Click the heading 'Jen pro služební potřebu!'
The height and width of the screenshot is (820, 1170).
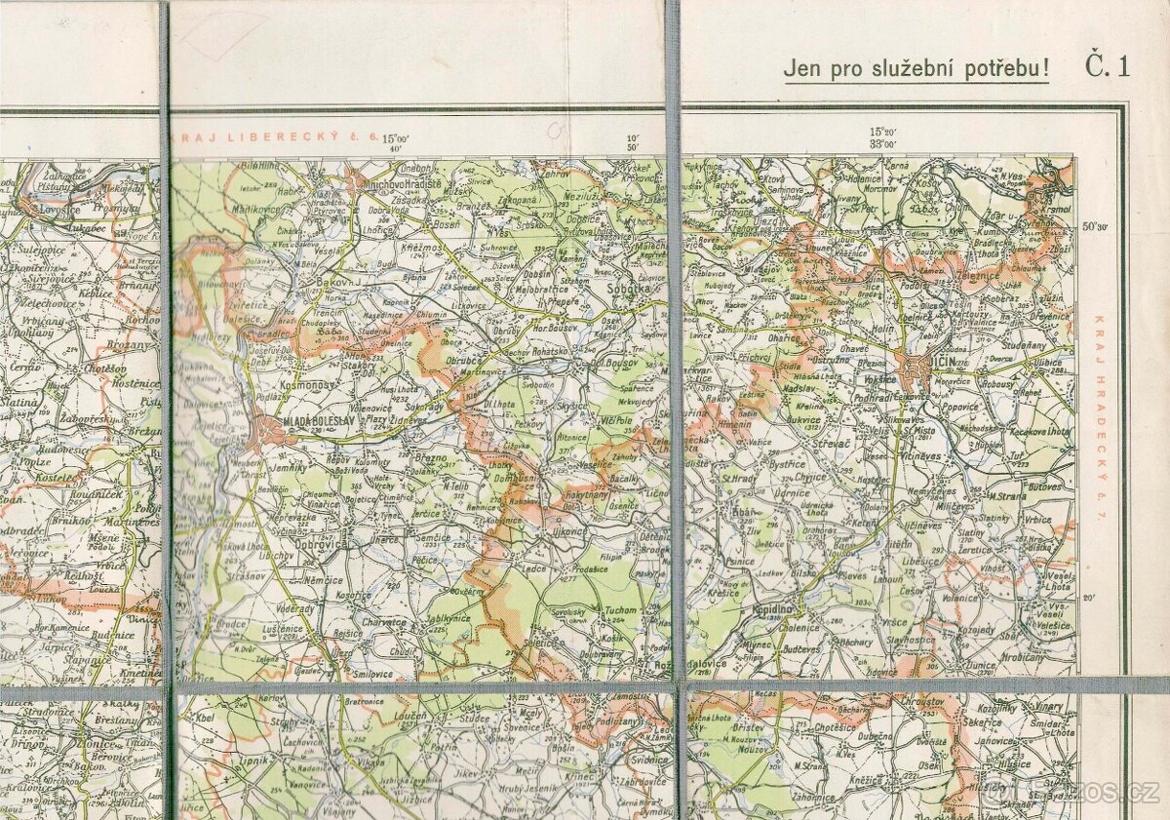(916, 69)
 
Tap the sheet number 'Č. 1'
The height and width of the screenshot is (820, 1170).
(1108, 67)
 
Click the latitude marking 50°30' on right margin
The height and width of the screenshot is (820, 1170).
(1095, 226)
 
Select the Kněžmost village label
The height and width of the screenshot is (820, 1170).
(422, 252)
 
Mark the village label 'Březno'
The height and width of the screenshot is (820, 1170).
(430, 458)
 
